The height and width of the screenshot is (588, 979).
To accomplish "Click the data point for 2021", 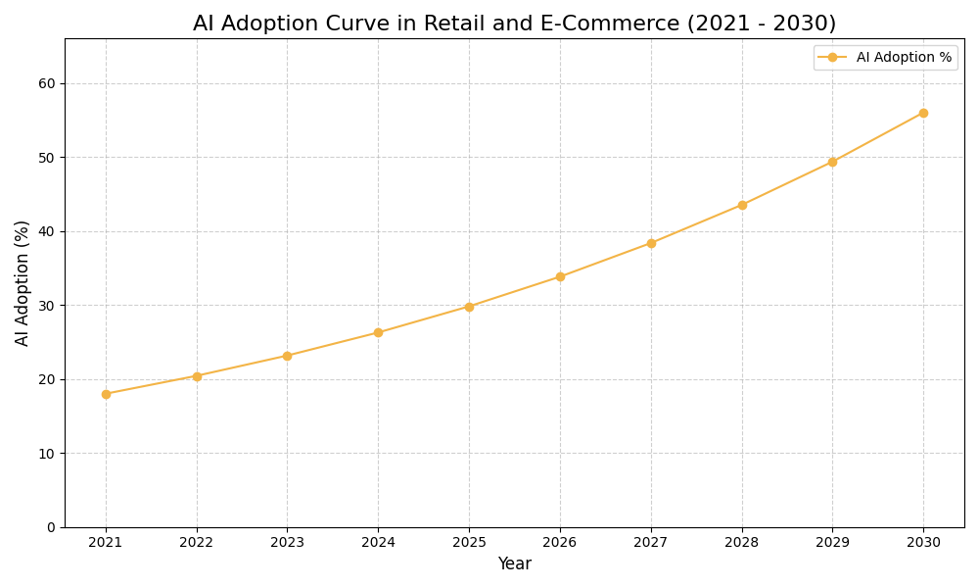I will (x=106, y=394).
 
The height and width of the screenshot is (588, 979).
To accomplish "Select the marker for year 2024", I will (x=378, y=332).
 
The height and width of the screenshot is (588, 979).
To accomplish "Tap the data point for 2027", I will (x=651, y=243).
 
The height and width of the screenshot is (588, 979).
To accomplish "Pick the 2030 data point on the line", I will (x=923, y=113).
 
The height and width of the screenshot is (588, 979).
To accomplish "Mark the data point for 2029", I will (x=832, y=162).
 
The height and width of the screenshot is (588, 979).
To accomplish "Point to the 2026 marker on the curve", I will (x=560, y=276).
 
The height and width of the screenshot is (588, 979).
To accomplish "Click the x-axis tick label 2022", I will (x=197, y=542).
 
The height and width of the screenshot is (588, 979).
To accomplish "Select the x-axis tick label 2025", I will (x=469, y=542).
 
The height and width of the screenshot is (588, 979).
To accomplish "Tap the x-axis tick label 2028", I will (x=742, y=542).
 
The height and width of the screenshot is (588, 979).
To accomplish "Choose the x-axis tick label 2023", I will (x=287, y=542).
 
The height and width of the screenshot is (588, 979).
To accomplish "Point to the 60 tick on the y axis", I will (x=47, y=83).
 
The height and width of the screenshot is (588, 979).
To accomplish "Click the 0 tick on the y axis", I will (x=51, y=527).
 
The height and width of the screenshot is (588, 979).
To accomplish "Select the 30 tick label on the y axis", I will (x=47, y=306).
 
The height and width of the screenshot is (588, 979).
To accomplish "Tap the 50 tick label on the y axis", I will (x=47, y=158).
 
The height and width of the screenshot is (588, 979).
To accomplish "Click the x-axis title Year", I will (x=514, y=564).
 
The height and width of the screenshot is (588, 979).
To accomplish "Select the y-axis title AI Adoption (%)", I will (x=23, y=282).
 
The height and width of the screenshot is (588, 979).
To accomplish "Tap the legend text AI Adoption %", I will (x=904, y=58).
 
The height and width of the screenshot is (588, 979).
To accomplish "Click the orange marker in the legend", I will (x=832, y=58).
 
